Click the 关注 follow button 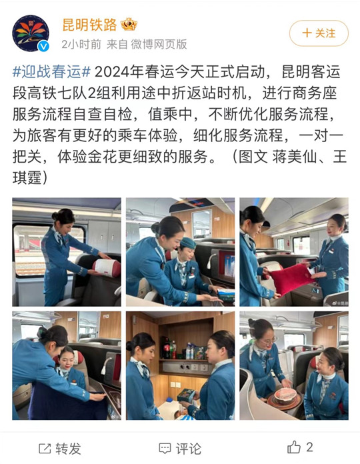click(x=319, y=33)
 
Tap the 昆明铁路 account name click(x=89, y=25)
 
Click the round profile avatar click(x=31, y=33)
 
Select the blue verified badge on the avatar click(x=44, y=46)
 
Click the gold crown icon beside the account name click(x=129, y=24)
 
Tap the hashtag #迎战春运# click(x=51, y=72)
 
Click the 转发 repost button click(x=60, y=449)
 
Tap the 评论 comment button click(x=180, y=449)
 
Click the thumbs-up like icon click(x=294, y=447)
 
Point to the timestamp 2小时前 click(x=81, y=45)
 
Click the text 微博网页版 click(x=159, y=45)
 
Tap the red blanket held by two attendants click(x=291, y=278)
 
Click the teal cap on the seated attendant click(x=188, y=243)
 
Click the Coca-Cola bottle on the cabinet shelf click(x=167, y=348)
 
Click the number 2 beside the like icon click(x=309, y=447)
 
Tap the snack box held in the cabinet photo click(x=186, y=395)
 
